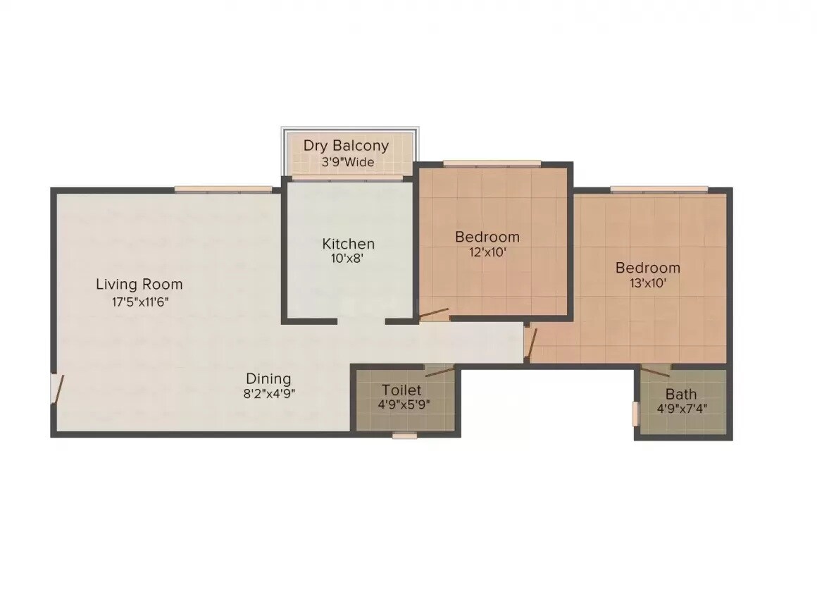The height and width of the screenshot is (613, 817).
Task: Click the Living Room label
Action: coord(139,285)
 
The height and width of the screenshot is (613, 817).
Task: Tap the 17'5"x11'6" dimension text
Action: coord(139,302)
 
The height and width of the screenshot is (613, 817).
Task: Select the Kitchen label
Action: coord(348,244)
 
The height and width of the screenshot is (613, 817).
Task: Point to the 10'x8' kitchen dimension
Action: coord(348,259)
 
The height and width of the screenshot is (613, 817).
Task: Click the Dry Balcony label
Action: coord(346,146)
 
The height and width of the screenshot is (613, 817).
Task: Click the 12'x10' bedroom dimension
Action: coord(487,252)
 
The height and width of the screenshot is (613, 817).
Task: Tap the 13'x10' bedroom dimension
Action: coord(647,283)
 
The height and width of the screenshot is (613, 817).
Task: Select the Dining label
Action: coord(268,378)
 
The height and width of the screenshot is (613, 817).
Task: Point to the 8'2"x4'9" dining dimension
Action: coord(268,394)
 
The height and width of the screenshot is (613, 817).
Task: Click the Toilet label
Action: coord(401,390)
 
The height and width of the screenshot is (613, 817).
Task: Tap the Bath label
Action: coord(681,394)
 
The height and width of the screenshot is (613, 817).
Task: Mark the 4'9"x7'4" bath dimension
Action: coord(681,408)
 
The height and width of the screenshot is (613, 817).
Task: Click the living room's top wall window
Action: coord(223,189)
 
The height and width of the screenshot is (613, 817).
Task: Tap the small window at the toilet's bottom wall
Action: coord(404,435)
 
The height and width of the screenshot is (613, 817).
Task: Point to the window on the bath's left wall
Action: coord(635,414)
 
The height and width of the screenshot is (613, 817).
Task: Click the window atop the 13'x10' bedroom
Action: coord(659,189)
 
